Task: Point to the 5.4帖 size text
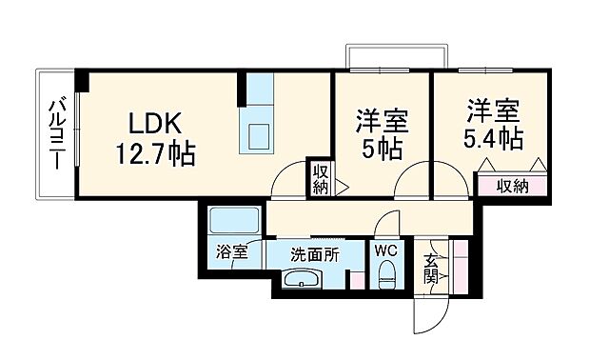coord(493,138)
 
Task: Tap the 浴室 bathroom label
coord(231,252)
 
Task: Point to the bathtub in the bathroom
coord(232,224)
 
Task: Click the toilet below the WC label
coord(386,276)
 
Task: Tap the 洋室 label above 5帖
coord(382,122)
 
